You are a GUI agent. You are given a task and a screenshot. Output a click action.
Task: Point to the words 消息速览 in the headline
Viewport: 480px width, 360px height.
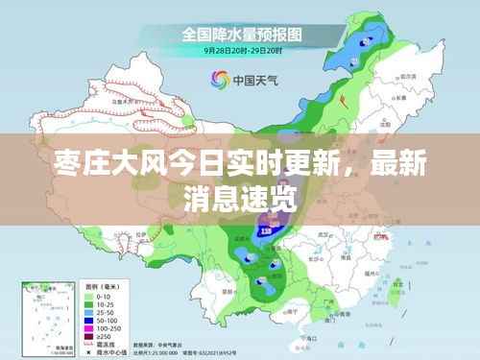(x=239, y=201)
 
